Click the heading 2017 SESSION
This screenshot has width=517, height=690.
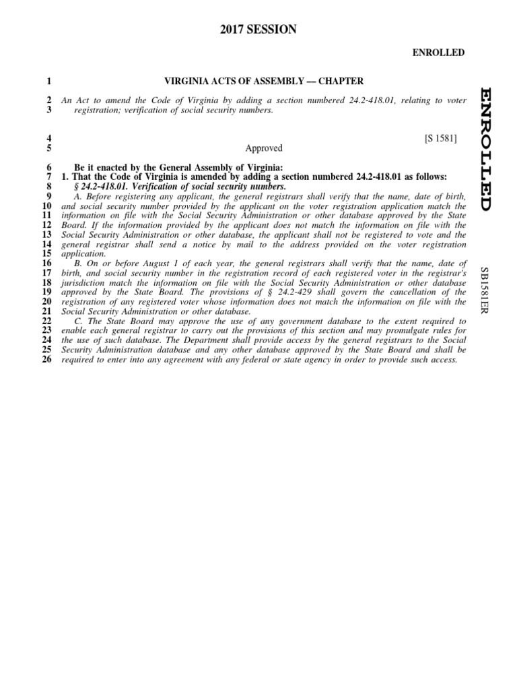coord(258,29)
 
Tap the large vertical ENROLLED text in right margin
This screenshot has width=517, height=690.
coord(487,148)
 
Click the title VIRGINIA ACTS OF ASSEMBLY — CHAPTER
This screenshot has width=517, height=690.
coord(264,82)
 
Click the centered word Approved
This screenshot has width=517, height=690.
coord(264,148)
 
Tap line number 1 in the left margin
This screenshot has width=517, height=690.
coord(48,82)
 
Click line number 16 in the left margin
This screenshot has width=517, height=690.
coord(46,263)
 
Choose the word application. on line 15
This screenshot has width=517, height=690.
coord(83,254)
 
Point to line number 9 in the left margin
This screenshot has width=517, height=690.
coord(48,196)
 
